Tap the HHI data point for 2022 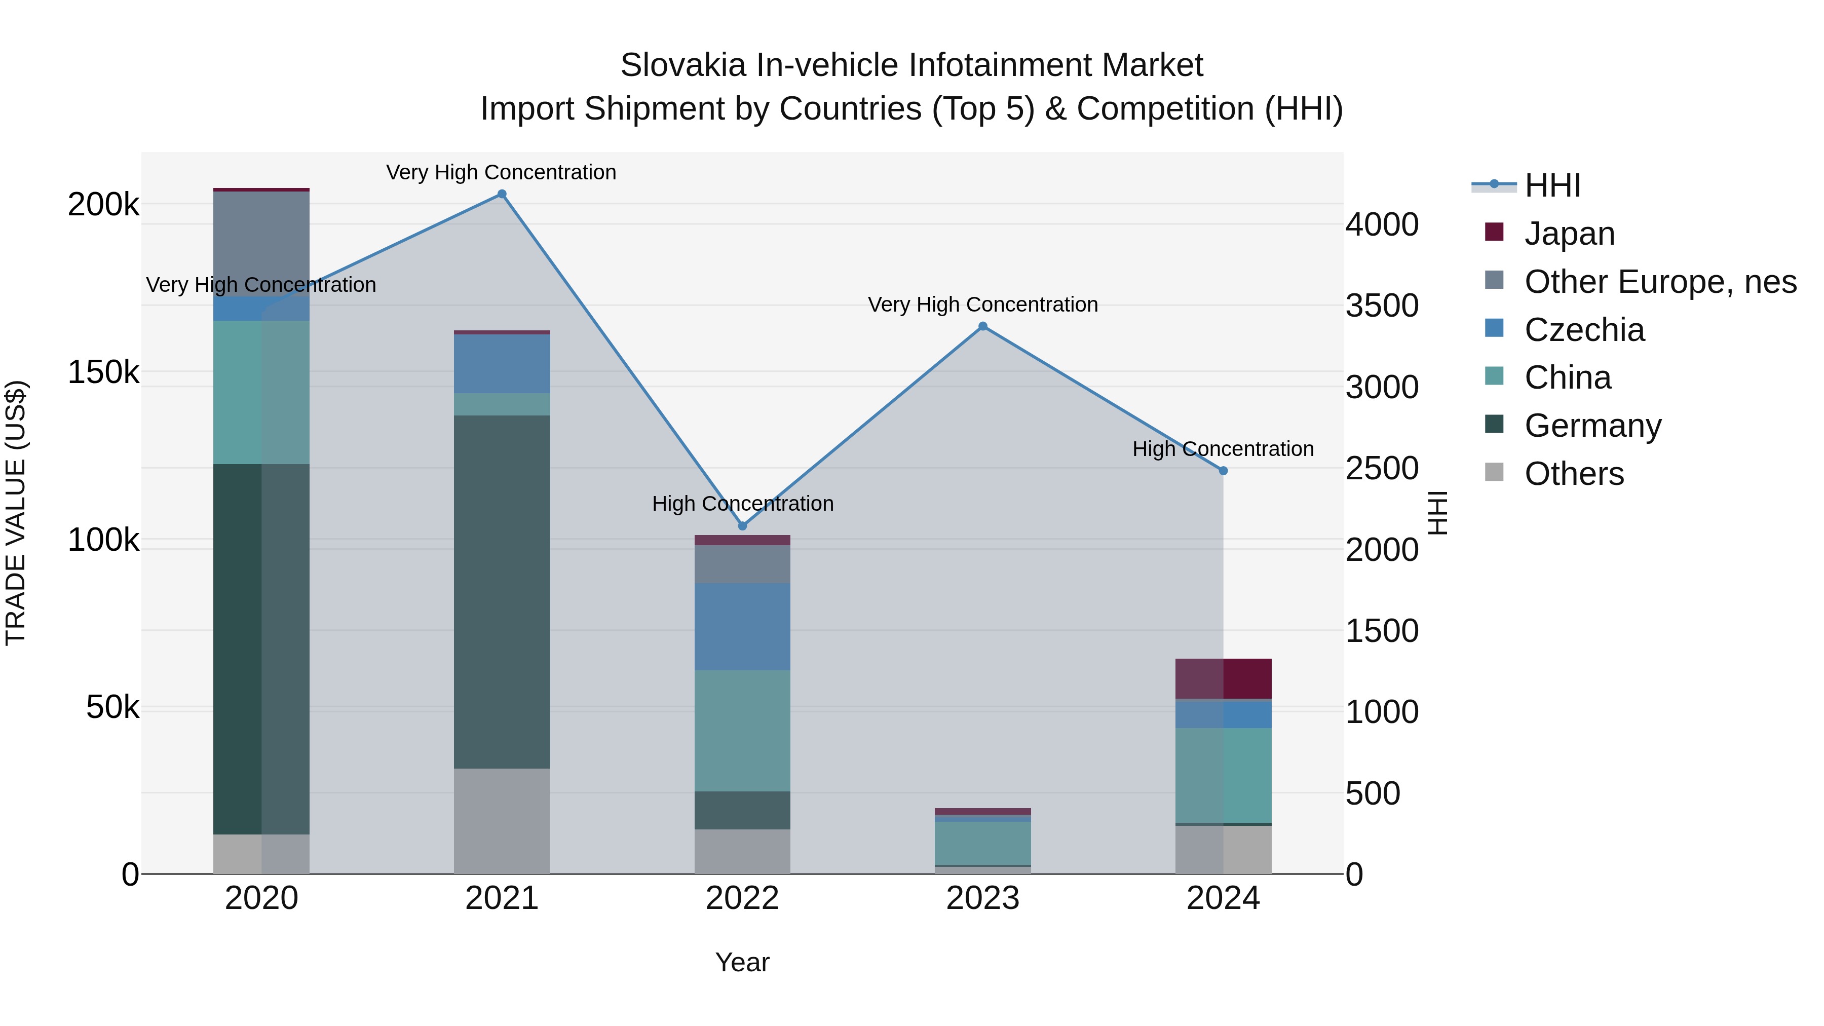click(742, 526)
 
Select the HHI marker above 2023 click(983, 326)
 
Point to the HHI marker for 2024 click(1223, 471)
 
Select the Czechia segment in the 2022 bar click(742, 627)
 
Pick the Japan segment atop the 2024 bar click(1223, 678)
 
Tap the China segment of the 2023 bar click(983, 843)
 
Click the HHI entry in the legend click(1551, 185)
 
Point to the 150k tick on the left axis click(103, 372)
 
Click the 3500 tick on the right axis click(1382, 306)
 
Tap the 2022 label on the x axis click(742, 898)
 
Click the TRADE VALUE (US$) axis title click(16, 513)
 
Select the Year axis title click(742, 962)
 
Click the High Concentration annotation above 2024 click(1223, 449)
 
